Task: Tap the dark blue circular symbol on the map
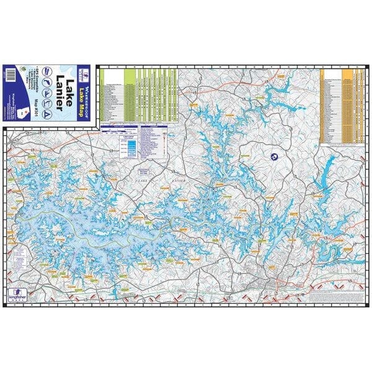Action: pos(273,159)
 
